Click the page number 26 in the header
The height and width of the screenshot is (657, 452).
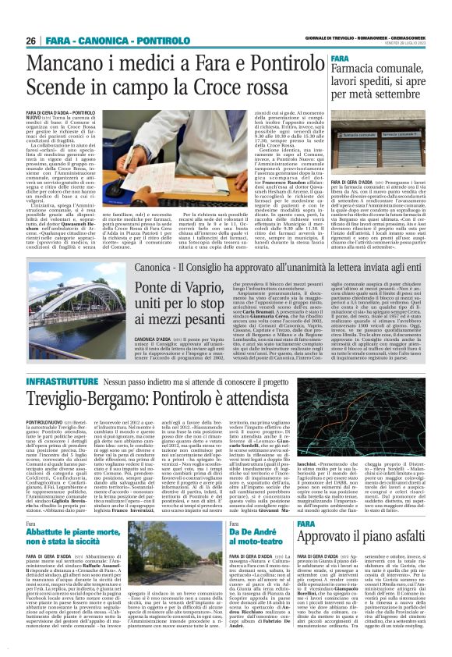click(x=31, y=41)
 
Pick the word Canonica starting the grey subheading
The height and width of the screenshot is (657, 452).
click(x=161, y=267)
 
